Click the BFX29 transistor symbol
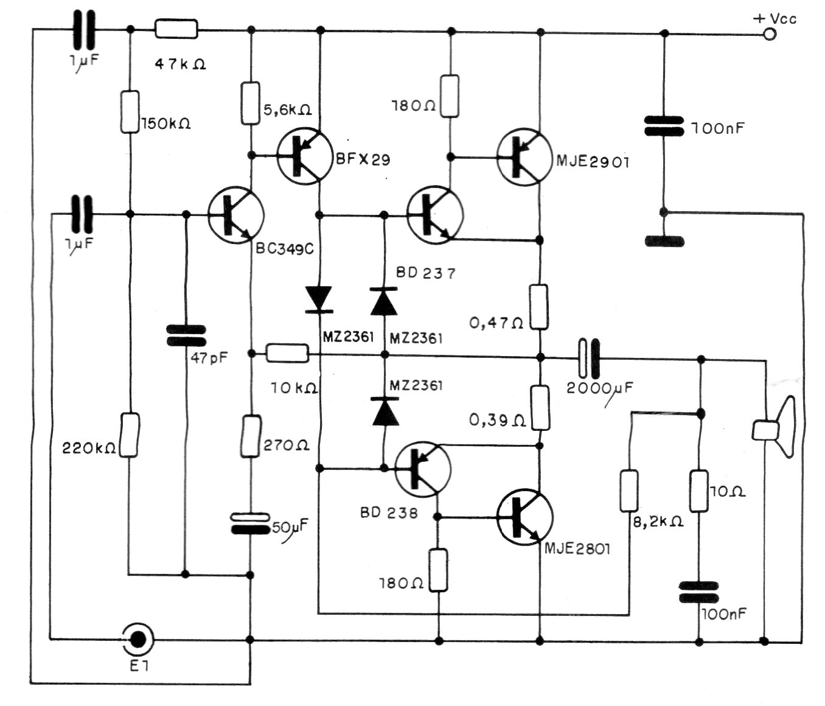point(304,155)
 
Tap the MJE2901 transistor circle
point(524,156)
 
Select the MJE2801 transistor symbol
point(525,517)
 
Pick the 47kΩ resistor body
point(176,29)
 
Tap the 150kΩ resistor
point(130,112)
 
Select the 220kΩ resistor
point(130,435)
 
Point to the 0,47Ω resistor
point(539,307)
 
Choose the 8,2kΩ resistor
point(629,491)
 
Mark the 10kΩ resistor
point(288,352)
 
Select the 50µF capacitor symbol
point(250,523)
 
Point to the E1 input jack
point(138,638)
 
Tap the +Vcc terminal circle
point(770,34)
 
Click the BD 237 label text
point(425,273)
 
